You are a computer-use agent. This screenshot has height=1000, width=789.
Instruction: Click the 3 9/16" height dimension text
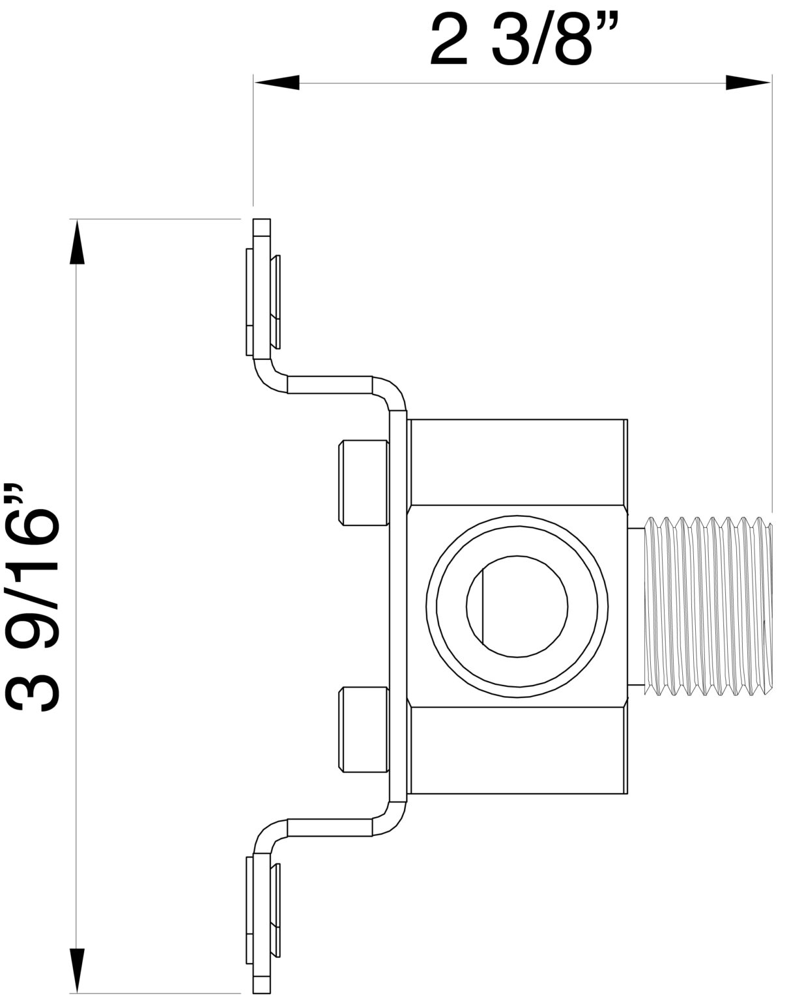34,597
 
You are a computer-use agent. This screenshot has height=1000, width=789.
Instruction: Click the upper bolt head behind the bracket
363,482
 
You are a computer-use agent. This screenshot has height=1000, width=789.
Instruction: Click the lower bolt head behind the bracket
363,730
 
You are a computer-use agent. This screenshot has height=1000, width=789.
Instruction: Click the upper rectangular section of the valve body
518,462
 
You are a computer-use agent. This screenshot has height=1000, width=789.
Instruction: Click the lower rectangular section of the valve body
518,750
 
